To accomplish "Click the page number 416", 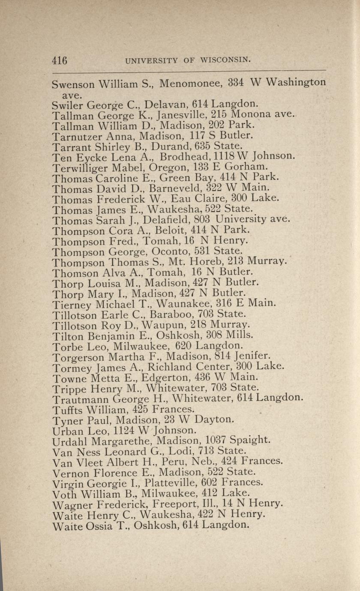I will [x=60, y=60].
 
